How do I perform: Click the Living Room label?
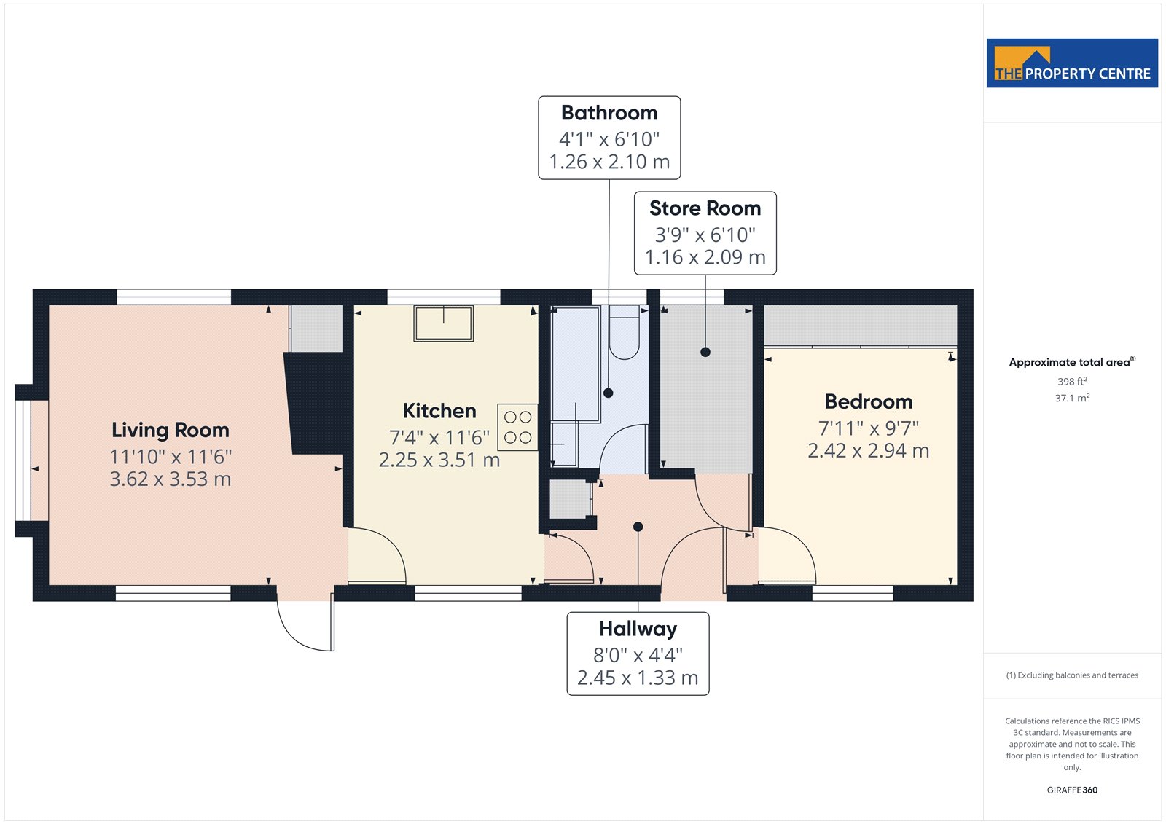pyautogui.click(x=171, y=431)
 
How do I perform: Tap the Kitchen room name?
pyautogui.click(x=439, y=411)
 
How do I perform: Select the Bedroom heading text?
pyautogui.click(x=868, y=402)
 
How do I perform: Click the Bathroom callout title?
pyautogui.click(x=609, y=113)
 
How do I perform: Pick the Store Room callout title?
pyautogui.click(x=705, y=208)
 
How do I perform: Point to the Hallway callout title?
pyautogui.click(x=638, y=629)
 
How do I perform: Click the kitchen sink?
pyautogui.click(x=444, y=323)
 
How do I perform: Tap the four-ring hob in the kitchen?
pyautogui.click(x=517, y=427)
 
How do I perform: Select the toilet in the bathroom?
pyautogui.click(x=624, y=332)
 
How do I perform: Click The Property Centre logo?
pyautogui.click(x=1072, y=63)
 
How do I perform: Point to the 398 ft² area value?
pyautogui.click(x=1072, y=382)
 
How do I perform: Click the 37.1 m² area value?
pyautogui.click(x=1072, y=399)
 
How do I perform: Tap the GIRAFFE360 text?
pyautogui.click(x=1072, y=790)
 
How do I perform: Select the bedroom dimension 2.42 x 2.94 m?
pyautogui.click(x=868, y=451)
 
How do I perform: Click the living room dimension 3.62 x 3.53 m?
pyautogui.click(x=171, y=479)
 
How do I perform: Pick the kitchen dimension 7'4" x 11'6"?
pyautogui.click(x=439, y=438)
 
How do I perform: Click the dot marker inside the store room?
pyautogui.click(x=705, y=352)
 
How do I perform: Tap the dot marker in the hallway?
pyautogui.click(x=638, y=527)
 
